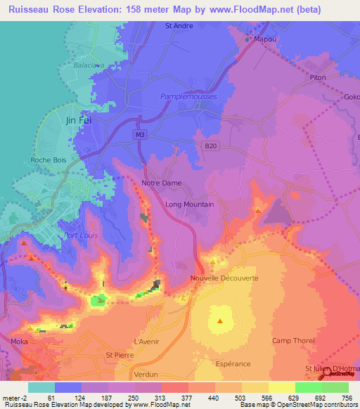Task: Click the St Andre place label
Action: coord(179,25)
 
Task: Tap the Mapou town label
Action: coord(263,40)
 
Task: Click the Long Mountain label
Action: coord(189,204)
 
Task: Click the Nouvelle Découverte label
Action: coord(224,278)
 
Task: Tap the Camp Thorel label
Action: coord(290,341)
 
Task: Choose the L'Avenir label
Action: coord(148,342)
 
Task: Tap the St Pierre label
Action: coord(119,355)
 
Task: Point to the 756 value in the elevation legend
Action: coord(345,398)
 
